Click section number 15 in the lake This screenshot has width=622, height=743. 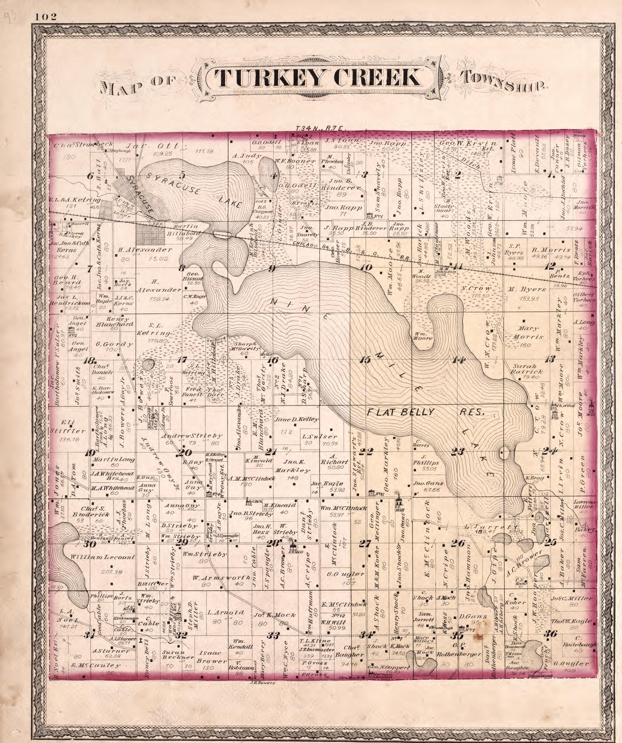coord(365,360)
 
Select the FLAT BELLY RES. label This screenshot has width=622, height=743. coord(425,413)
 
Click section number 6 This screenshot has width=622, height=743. coord(91,175)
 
